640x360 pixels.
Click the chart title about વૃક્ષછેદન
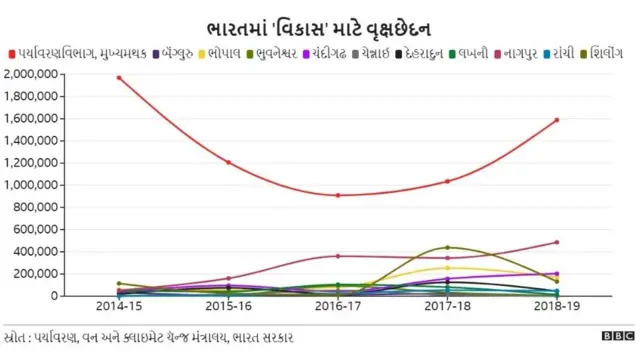click(x=319, y=23)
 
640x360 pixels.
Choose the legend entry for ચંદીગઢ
click(x=346, y=51)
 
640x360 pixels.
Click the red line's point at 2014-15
click(x=118, y=77)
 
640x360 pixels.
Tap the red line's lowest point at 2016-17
click(x=337, y=195)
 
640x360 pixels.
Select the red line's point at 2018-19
click(x=556, y=120)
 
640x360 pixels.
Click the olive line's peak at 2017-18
click(x=447, y=247)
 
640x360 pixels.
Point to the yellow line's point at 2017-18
click(x=447, y=268)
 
